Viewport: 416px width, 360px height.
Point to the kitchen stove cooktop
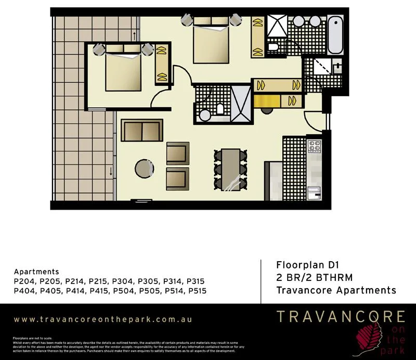tap(314, 146)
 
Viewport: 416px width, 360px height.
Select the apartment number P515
tap(197, 291)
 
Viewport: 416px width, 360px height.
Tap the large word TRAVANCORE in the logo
tap(341, 316)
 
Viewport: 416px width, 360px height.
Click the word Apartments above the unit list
tap(36, 272)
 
